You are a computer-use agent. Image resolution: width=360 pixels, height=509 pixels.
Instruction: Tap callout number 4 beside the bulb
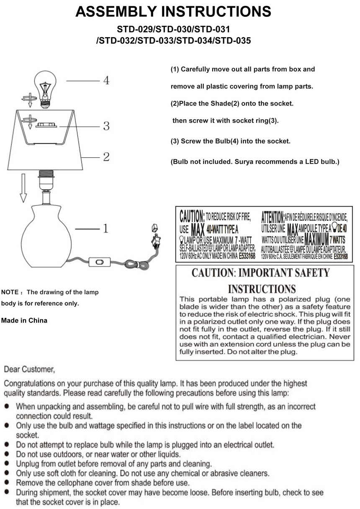click(x=106, y=80)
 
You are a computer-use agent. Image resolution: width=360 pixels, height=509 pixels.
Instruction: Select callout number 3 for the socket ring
click(x=106, y=126)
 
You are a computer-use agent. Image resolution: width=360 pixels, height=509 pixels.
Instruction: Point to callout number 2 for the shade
click(x=106, y=157)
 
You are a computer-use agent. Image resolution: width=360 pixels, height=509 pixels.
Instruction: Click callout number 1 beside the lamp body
click(x=105, y=228)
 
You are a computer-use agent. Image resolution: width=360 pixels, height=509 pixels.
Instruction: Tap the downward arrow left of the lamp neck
click(x=23, y=188)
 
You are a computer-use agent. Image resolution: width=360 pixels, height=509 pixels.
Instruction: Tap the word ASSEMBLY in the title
click(x=115, y=12)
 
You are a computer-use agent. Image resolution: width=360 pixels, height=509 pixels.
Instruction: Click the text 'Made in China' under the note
click(x=24, y=321)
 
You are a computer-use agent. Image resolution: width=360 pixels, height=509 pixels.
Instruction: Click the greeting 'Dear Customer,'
click(x=29, y=369)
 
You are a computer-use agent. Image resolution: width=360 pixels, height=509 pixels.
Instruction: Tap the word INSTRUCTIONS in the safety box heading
click(x=262, y=289)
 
